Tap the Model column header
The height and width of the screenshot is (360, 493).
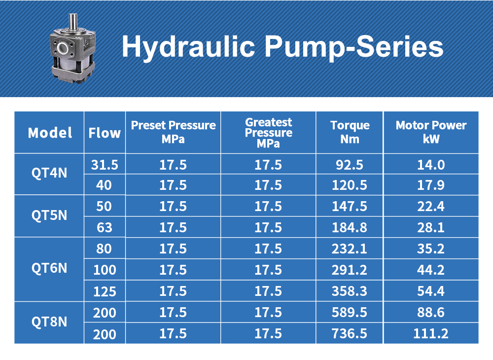click(x=50, y=133)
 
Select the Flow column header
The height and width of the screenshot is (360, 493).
click(x=105, y=133)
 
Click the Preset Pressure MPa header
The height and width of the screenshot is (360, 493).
click(x=173, y=132)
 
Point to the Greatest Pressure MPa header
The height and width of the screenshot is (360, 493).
click(x=268, y=133)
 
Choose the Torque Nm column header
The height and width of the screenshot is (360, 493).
click(x=350, y=132)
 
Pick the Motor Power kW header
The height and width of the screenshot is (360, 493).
click(x=431, y=132)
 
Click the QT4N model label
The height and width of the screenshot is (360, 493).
click(x=49, y=174)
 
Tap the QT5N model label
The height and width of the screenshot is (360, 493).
click(x=49, y=216)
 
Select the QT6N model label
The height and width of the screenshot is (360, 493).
click(x=49, y=269)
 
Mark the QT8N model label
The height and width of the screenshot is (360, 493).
click(x=49, y=323)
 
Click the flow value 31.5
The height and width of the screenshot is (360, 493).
click(x=105, y=164)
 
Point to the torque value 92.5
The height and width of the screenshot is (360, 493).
click(x=350, y=164)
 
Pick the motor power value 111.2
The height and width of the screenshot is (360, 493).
click(x=431, y=334)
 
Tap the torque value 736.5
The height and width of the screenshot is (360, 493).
click(x=350, y=334)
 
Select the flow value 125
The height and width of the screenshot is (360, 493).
click(x=105, y=291)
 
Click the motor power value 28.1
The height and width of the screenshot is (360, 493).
click(x=431, y=227)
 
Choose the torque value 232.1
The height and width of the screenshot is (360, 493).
click(x=350, y=249)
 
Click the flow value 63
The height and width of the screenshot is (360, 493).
click(x=105, y=227)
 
